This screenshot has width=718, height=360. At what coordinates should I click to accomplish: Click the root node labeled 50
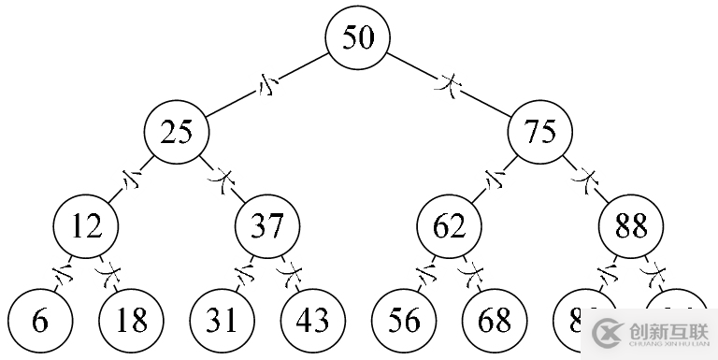[357, 38]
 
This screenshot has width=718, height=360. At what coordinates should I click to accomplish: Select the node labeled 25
[176, 132]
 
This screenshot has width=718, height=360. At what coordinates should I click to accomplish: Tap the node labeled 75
[540, 132]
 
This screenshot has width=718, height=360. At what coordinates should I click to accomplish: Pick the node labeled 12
[85, 225]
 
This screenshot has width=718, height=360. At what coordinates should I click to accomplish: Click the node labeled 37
[266, 225]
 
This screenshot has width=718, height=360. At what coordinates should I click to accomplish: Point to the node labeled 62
[450, 225]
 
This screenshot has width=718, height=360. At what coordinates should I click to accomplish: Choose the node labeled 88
[631, 225]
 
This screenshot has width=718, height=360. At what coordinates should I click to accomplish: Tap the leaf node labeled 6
[39, 321]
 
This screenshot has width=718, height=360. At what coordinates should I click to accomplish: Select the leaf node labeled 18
[131, 321]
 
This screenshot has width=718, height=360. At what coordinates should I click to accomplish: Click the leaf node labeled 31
[222, 321]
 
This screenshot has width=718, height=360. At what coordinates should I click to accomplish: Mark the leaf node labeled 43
[312, 321]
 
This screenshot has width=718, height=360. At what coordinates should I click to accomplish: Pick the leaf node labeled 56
[404, 321]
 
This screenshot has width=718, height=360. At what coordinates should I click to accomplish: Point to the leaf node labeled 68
[495, 321]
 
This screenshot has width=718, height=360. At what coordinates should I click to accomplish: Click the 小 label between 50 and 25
[268, 86]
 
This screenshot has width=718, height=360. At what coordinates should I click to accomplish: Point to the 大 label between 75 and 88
[586, 176]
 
